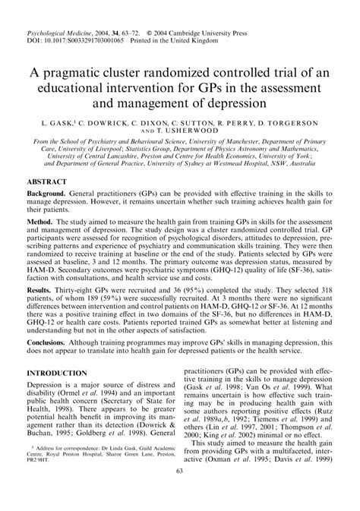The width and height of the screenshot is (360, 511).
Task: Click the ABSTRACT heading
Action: [x=49, y=183]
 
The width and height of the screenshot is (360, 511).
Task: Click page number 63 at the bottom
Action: [x=180, y=493]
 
